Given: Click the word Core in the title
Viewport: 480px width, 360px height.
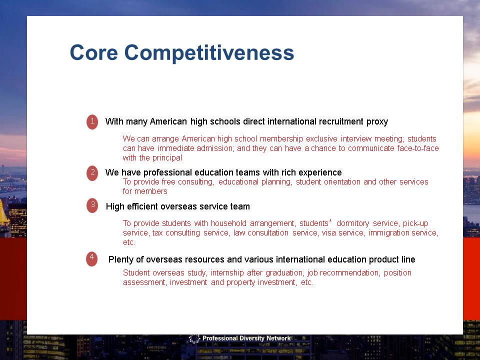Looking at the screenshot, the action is point(93,52).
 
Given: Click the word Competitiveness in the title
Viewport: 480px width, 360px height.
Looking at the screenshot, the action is point(209,54).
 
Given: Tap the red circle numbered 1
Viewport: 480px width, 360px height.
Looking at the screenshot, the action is point(92,121).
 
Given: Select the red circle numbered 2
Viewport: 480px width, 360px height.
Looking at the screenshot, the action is point(92,173).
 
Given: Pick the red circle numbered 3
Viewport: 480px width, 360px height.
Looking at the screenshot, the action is point(92,205).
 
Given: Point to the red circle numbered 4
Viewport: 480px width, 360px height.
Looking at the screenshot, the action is point(92,258).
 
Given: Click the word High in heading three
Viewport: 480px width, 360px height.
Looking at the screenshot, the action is point(115,207).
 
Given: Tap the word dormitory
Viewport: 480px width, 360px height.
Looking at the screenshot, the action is point(352,223).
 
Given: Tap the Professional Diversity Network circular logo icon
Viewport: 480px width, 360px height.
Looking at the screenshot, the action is point(194,338).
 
